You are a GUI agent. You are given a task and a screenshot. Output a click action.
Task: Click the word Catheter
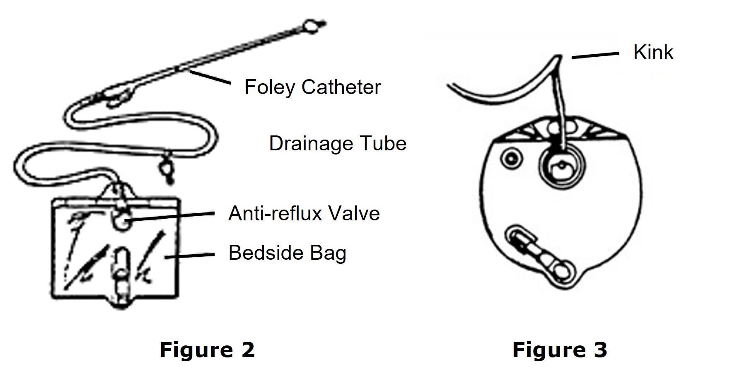(x=341, y=87)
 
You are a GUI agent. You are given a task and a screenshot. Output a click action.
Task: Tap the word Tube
(x=383, y=144)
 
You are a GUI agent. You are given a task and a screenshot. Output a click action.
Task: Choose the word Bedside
(x=264, y=253)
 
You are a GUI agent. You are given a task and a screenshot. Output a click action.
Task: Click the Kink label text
(x=653, y=53)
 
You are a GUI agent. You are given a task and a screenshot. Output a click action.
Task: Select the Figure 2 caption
(x=207, y=350)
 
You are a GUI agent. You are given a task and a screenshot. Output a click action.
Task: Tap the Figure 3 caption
(x=560, y=350)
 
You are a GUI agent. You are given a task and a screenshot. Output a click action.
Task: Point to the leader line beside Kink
(x=595, y=55)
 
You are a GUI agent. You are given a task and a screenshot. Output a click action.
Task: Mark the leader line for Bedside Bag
(x=189, y=256)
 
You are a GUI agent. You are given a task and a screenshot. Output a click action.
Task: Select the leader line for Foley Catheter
(x=210, y=77)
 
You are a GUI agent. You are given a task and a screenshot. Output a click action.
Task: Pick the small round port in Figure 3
(x=509, y=158)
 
